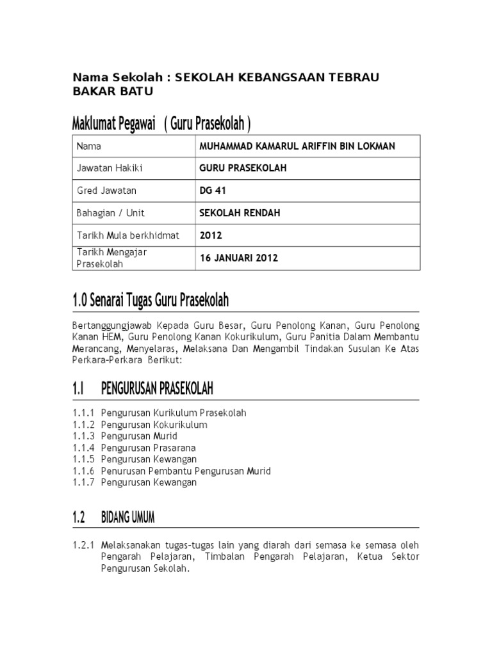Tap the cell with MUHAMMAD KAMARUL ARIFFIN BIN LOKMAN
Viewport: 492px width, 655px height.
coord(297,146)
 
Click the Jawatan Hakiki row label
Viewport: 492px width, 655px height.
coord(108,168)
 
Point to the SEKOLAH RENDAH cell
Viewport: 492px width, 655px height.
coord(231,213)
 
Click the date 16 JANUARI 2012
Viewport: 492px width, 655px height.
coord(240,258)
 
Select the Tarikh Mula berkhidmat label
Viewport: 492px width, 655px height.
coord(127,235)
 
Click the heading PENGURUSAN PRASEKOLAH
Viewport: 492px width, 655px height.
coord(157,388)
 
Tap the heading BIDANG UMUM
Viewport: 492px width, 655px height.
coord(127,517)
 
